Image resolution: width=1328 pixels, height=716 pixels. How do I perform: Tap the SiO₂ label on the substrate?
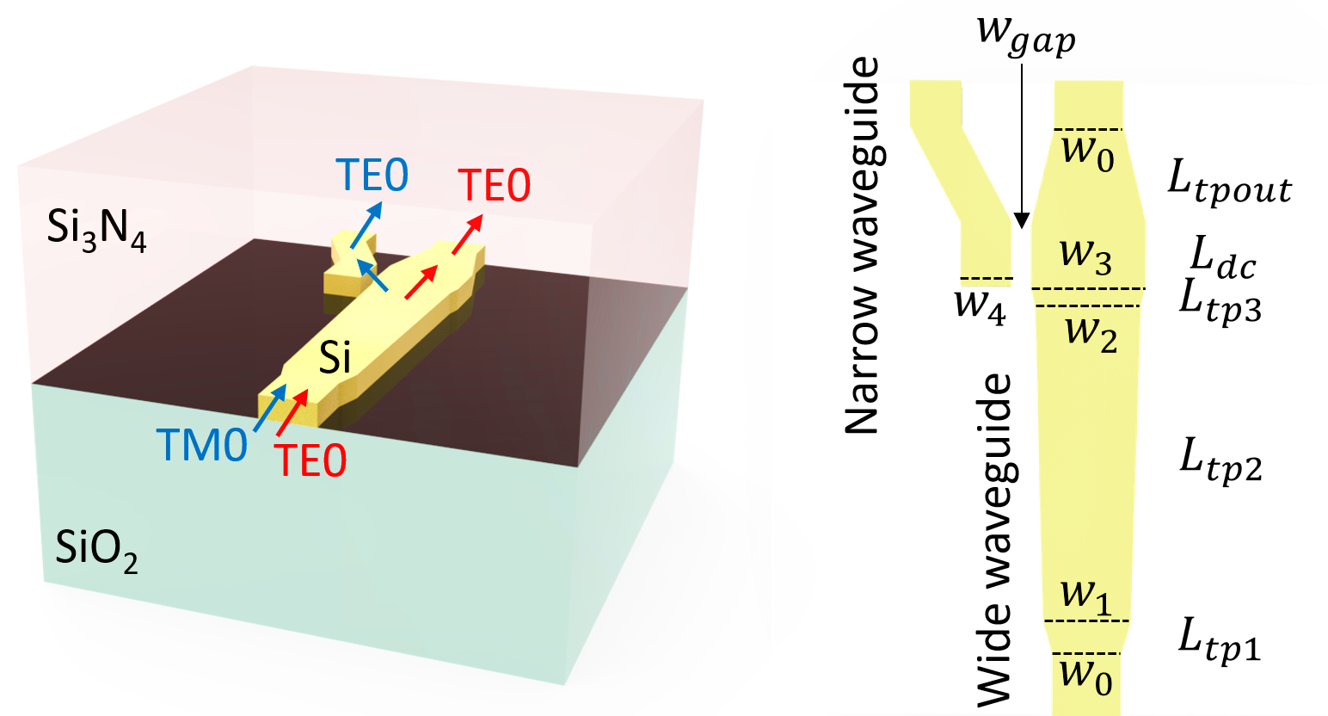tap(96, 548)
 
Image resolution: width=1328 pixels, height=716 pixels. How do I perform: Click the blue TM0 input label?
tap(202, 446)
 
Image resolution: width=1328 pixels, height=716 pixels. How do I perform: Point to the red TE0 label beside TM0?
tap(310, 460)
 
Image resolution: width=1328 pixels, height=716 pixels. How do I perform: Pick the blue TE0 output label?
tap(372, 176)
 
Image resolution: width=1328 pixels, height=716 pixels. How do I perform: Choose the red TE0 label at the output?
tap(494, 185)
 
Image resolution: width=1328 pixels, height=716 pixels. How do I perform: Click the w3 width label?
tap(1085, 254)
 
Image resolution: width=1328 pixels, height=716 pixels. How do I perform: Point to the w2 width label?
tap(1091, 332)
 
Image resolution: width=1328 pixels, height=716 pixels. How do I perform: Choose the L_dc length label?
tap(1222, 256)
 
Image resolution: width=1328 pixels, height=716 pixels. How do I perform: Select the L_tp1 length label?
tap(1219, 640)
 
